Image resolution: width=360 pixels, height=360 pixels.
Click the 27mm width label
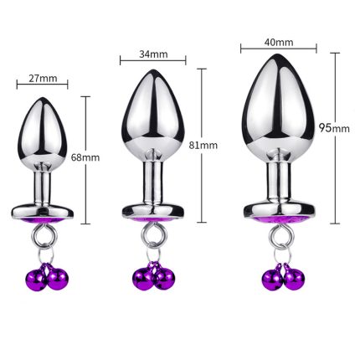(x=43, y=79)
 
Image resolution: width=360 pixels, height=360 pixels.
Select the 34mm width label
(x=153, y=54)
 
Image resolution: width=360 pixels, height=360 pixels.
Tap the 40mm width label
(x=279, y=42)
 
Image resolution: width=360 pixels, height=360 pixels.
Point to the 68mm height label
(x=85, y=157)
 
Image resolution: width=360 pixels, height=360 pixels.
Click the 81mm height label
(x=203, y=146)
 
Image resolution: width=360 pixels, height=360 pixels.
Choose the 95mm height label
(x=334, y=128)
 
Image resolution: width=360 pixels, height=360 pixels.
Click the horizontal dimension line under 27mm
(x=42, y=85)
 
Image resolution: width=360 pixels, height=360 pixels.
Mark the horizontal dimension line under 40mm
(x=279, y=49)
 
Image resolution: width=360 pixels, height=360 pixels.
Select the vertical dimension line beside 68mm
(x=85, y=160)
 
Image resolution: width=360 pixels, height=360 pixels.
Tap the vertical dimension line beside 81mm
(x=202, y=146)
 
